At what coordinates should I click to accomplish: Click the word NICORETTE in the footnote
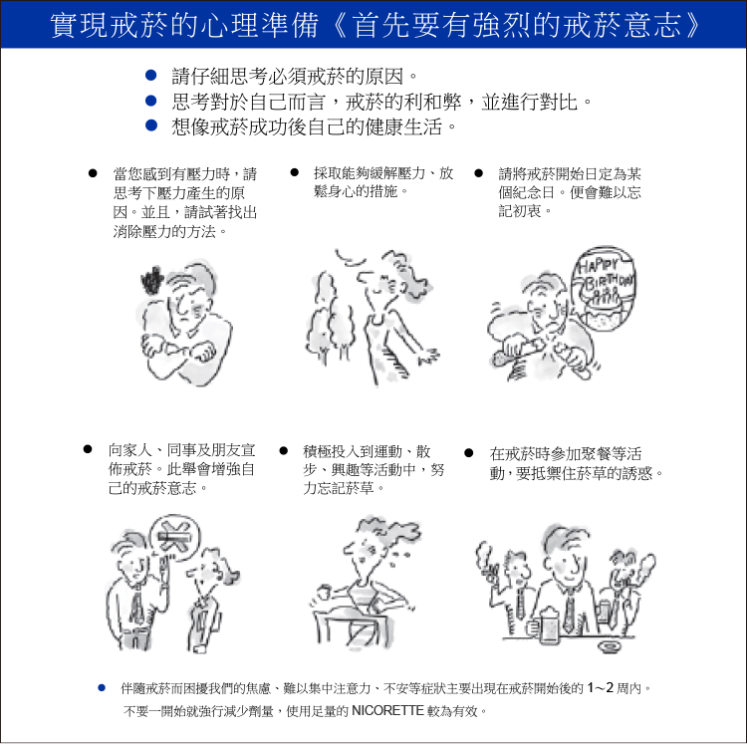pos(387,711)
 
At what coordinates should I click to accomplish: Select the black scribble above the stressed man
pos(152,281)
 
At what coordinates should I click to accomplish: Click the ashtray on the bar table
pos(611,645)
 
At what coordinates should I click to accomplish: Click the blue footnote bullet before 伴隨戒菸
pos(102,688)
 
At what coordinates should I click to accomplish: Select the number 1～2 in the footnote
pos(600,688)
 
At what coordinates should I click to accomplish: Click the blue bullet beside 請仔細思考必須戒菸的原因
pos(151,76)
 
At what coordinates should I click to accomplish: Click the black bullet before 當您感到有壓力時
pos(93,173)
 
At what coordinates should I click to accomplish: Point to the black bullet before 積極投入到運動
pos(284,450)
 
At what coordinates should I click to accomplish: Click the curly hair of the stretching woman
pos(406,273)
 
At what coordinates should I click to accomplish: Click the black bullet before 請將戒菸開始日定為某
pos(479,173)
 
